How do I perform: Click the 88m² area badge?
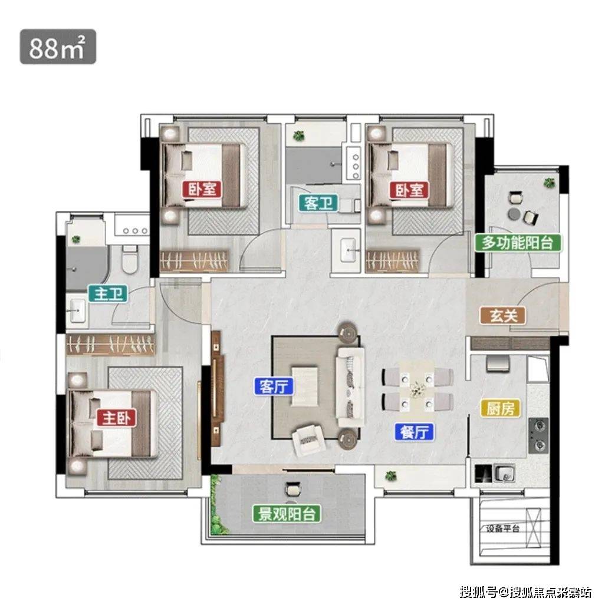click(58, 47)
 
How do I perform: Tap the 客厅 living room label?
click(274, 386)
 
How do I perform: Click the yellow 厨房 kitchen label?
click(500, 408)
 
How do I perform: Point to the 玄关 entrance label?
click(503, 316)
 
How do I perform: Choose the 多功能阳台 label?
click(518, 243)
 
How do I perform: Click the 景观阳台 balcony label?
click(287, 514)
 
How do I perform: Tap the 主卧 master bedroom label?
click(116, 418)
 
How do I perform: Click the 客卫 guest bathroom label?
click(318, 203)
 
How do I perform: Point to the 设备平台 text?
click(502, 528)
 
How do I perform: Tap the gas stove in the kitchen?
click(538, 435)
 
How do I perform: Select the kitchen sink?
click(504, 474)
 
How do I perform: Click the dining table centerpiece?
click(417, 387)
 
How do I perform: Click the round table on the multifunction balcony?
click(514, 213)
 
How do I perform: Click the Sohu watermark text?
click(525, 591)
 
